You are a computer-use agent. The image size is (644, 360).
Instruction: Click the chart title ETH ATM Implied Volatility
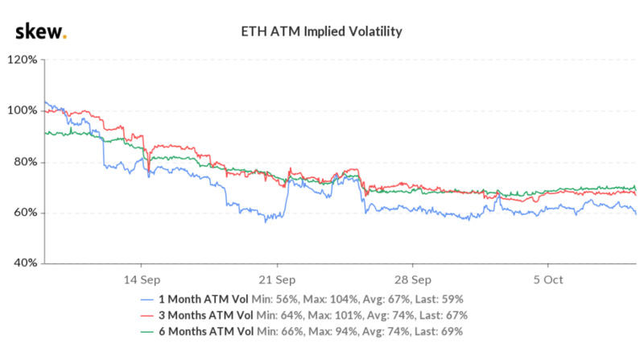click(x=322, y=32)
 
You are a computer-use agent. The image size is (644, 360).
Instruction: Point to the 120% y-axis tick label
click(x=21, y=60)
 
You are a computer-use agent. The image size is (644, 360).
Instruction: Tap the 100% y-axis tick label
click(x=21, y=110)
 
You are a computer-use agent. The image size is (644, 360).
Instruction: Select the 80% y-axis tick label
click(x=23, y=162)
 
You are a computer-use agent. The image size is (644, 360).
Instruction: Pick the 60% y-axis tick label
click(x=23, y=213)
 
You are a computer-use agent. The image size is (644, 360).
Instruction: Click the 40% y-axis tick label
click(x=23, y=263)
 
